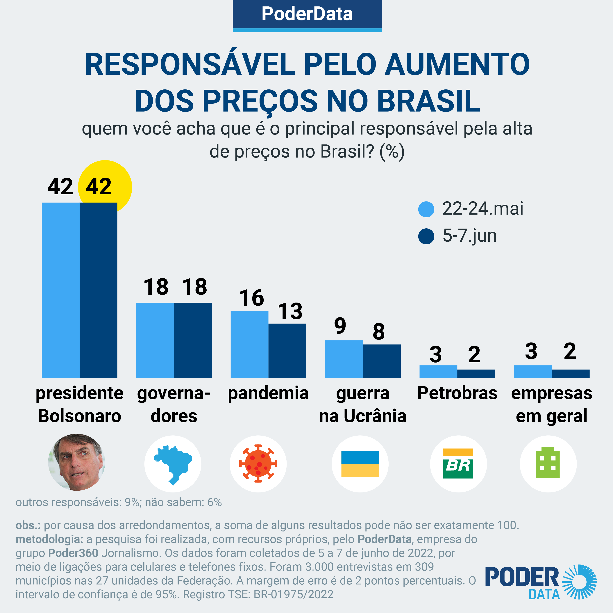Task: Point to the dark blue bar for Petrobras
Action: click(x=476, y=374)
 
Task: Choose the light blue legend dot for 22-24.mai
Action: click(x=426, y=209)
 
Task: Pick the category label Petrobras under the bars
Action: click(x=457, y=393)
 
